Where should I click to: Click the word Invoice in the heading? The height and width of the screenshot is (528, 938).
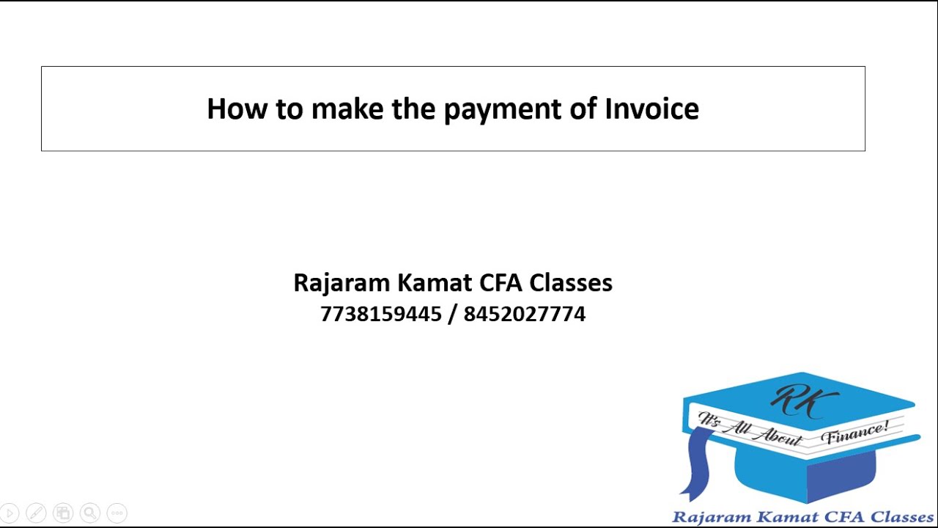[651, 109]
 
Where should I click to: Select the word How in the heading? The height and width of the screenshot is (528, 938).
[237, 109]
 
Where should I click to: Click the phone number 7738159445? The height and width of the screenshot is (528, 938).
[380, 315]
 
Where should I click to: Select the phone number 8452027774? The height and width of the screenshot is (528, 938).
[525, 315]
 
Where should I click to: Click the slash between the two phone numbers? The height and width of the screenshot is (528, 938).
[452, 315]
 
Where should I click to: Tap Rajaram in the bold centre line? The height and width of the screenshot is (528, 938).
[341, 283]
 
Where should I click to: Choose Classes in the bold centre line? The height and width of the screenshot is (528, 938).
[571, 283]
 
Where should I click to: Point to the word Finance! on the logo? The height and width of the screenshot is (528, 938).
[856, 433]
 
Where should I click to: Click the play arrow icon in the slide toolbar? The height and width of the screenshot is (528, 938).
[10, 513]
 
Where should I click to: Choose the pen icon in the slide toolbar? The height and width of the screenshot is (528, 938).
[36, 513]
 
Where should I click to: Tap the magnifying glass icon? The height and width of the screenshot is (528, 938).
[90, 513]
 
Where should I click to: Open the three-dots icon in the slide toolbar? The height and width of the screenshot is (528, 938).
[117, 513]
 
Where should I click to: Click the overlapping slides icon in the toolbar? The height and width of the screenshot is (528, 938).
[63, 513]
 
